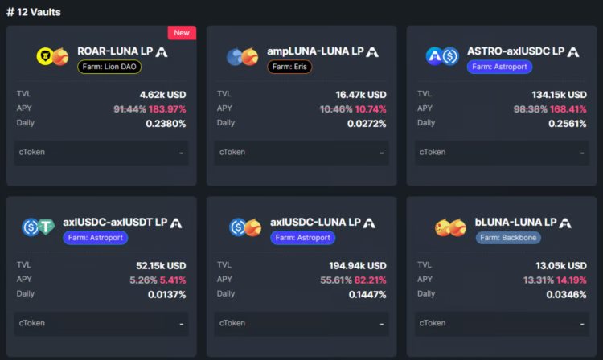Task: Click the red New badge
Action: (182, 33)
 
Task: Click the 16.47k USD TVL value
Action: (361, 95)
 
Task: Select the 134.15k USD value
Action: (559, 95)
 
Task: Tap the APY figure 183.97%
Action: (167, 109)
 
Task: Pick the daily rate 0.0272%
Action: (364, 124)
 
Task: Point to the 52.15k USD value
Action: (161, 266)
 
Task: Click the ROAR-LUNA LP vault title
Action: (115, 51)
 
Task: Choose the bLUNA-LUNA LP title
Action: (515, 223)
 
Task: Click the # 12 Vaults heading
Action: (33, 12)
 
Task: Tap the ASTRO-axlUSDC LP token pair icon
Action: (441, 56)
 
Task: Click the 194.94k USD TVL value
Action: (358, 266)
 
